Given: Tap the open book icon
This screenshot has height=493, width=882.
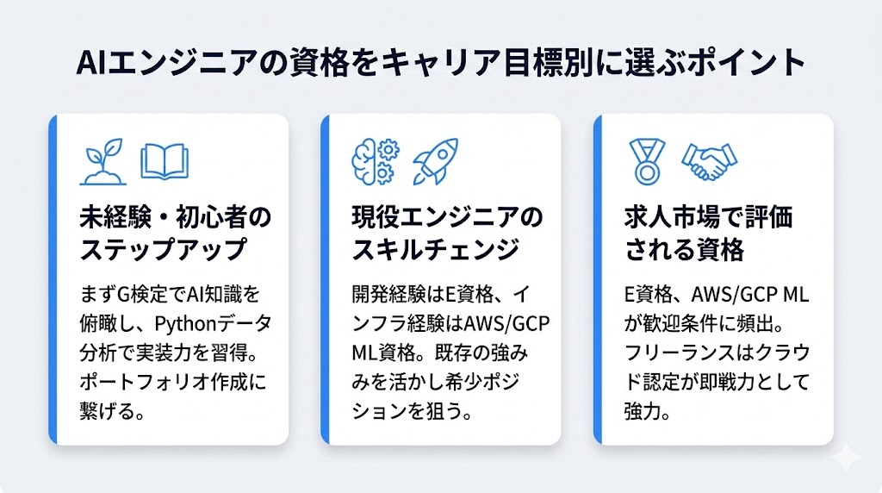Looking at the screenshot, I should tap(164, 162).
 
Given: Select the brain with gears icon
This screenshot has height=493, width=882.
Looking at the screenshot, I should tap(375, 161).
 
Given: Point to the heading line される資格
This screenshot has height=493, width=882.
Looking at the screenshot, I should tap(683, 249).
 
